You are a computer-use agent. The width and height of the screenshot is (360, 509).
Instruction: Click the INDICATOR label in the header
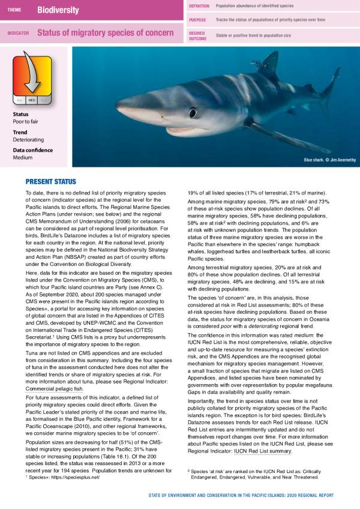pyautogui.click(x=18, y=33)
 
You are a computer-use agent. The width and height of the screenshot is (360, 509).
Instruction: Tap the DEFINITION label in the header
pyautogui.click(x=199, y=5)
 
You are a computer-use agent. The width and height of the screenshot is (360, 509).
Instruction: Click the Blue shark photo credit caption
pyautogui.click(x=329, y=160)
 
